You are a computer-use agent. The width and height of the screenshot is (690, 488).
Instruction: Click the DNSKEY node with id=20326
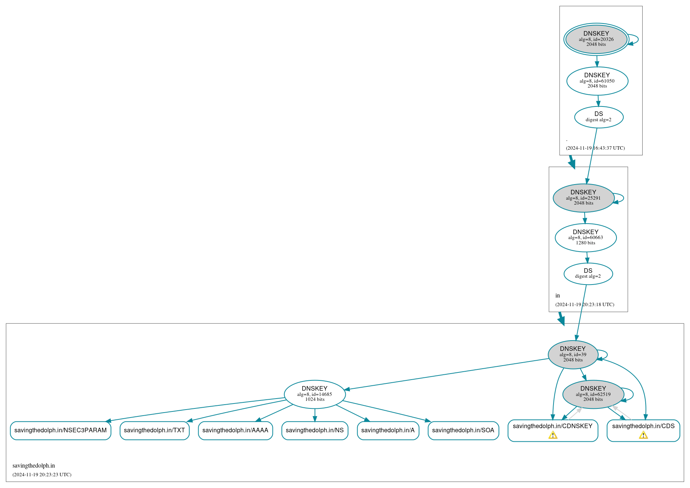[x=596, y=39]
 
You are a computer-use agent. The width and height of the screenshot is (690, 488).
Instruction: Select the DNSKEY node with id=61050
[x=597, y=81]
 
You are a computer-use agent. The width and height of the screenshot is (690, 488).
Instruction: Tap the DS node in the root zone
[x=599, y=117]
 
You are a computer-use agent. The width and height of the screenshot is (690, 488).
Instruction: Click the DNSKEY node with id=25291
[x=583, y=198]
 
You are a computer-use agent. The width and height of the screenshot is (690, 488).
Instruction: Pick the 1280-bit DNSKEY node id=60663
[x=585, y=238]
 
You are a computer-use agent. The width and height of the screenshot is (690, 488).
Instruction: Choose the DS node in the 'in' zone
[x=588, y=274]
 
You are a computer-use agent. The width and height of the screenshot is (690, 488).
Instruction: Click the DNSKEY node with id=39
[x=573, y=355]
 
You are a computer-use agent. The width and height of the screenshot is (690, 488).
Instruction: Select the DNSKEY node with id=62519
[x=593, y=394]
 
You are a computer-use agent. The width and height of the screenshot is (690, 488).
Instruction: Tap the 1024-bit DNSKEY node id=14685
[x=315, y=394]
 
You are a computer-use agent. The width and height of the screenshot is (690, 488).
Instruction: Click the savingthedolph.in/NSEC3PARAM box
[x=61, y=430]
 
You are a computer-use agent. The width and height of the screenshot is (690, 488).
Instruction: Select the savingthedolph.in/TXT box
[x=154, y=430]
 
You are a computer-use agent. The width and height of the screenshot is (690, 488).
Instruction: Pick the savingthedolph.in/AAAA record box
[x=235, y=430]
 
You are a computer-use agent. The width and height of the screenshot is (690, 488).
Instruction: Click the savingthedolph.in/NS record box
[x=315, y=430]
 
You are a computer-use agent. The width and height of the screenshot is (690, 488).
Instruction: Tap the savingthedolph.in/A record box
[x=388, y=430]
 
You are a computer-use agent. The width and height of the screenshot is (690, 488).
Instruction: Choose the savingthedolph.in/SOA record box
[x=463, y=430]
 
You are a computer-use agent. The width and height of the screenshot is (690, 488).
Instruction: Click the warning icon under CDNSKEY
[x=553, y=435]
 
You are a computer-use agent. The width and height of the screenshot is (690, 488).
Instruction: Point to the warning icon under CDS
[x=643, y=435]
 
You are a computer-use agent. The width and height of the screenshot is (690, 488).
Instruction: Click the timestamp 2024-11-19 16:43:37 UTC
[x=595, y=148]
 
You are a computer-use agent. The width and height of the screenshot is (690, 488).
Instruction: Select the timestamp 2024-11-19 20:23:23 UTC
[x=42, y=475]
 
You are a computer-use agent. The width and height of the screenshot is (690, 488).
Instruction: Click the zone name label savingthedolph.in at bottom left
[x=34, y=466]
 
